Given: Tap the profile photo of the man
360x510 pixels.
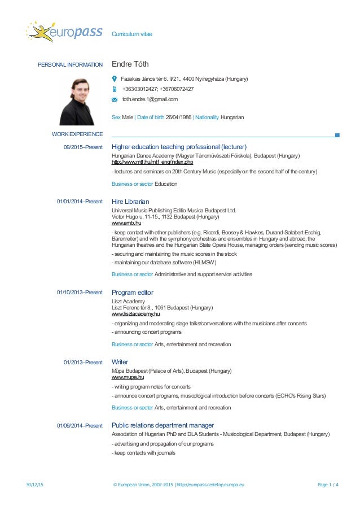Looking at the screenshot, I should click(x=78, y=101).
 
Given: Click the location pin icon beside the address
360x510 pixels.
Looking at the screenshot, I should click(x=115, y=79).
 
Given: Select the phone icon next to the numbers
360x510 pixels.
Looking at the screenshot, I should click(x=115, y=89).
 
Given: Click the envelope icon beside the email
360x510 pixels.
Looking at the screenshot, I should click(x=115, y=99).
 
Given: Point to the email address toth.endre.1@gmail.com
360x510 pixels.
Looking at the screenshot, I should click(x=150, y=99).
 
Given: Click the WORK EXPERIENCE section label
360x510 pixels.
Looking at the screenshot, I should click(x=77, y=134).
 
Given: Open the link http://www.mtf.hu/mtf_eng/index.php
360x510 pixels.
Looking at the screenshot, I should click(x=152, y=162).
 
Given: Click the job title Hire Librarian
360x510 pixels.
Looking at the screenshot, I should click(x=130, y=201).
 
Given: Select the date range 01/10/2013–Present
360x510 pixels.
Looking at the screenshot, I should click(x=80, y=293).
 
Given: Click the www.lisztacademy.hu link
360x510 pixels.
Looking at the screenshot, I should click(x=136, y=314).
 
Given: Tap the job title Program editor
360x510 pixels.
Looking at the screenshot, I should click(x=133, y=293).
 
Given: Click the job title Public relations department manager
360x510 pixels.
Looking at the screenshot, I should click(x=163, y=425).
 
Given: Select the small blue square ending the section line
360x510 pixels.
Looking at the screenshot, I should click(x=337, y=135).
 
